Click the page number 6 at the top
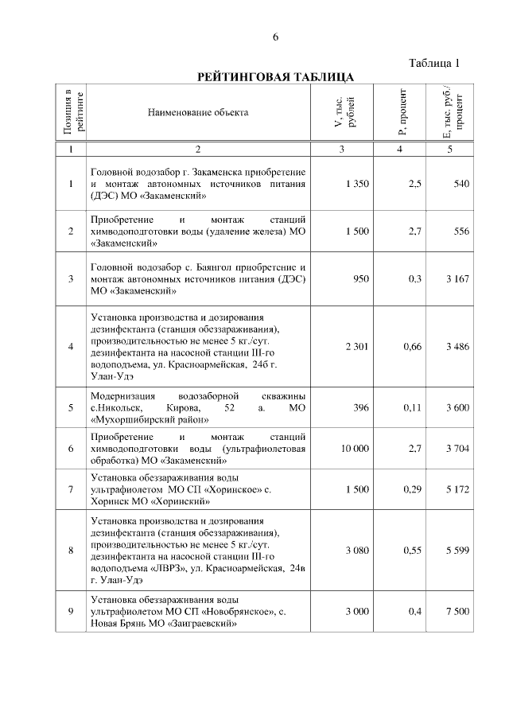tap(276, 37)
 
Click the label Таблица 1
tap(434, 63)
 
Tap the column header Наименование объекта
tap(198, 112)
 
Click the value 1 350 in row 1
tap(357, 185)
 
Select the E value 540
tap(461, 185)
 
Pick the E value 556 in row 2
tap(461, 232)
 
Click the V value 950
tap(361, 279)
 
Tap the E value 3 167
tap(457, 279)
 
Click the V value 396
tap(362, 407)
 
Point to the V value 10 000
tap(355, 450)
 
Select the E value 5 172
tap(457, 490)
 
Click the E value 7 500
tap(457, 611)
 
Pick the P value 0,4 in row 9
tap(414, 611)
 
